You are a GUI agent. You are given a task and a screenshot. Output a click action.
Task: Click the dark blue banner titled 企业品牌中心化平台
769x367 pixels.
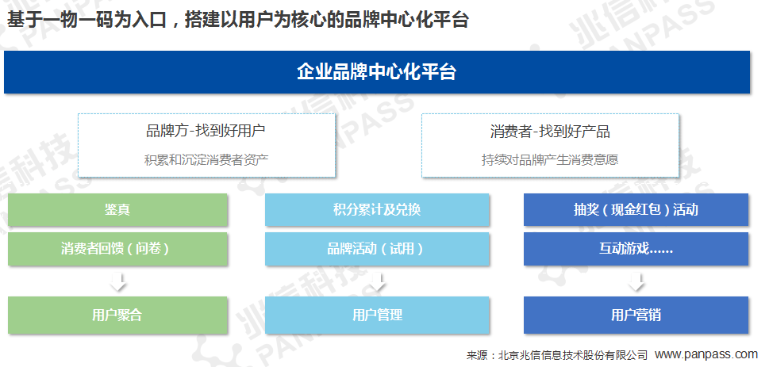[x=377, y=72]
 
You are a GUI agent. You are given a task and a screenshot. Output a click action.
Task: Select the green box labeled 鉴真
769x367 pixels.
[x=117, y=210]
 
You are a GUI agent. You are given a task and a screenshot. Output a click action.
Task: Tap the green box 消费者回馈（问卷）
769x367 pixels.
[x=117, y=249]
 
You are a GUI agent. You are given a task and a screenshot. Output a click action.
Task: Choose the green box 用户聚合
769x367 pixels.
[x=117, y=315]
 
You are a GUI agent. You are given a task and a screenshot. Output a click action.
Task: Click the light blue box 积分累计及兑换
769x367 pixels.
[x=377, y=210]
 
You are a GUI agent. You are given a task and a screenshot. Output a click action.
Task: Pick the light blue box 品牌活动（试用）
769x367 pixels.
[x=377, y=249]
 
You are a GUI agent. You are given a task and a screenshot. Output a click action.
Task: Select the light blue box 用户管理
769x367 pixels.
[x=377, y=315]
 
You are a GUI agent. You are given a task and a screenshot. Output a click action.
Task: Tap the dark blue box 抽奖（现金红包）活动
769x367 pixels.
[x=636, y=210]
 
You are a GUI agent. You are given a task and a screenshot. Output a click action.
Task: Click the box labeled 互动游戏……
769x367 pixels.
[x=636, y=249]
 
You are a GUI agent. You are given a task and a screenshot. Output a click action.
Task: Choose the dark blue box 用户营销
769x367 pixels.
[x=636, y=315]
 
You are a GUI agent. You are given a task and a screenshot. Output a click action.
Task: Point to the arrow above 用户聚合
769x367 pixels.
[x=118, y=281]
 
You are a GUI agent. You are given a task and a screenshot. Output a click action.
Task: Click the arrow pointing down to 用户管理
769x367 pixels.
[x=377, y=281]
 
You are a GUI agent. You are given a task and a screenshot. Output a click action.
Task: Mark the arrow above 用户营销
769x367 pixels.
[x=636, y=281]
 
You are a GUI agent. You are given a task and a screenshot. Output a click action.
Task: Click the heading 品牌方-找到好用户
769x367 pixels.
[x=206, y=131]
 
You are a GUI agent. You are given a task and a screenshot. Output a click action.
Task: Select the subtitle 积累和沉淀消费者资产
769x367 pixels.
[x=206, y=160]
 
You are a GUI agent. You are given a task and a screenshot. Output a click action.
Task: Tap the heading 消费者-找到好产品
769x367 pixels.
[x=550, y=131]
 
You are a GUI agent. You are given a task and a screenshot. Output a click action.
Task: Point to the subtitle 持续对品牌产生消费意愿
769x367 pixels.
[x=550, y=160]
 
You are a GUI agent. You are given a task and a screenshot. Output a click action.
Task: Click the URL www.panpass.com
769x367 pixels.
[x=706, y=354]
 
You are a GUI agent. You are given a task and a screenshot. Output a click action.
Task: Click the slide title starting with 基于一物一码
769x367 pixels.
[x=238, y=20]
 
